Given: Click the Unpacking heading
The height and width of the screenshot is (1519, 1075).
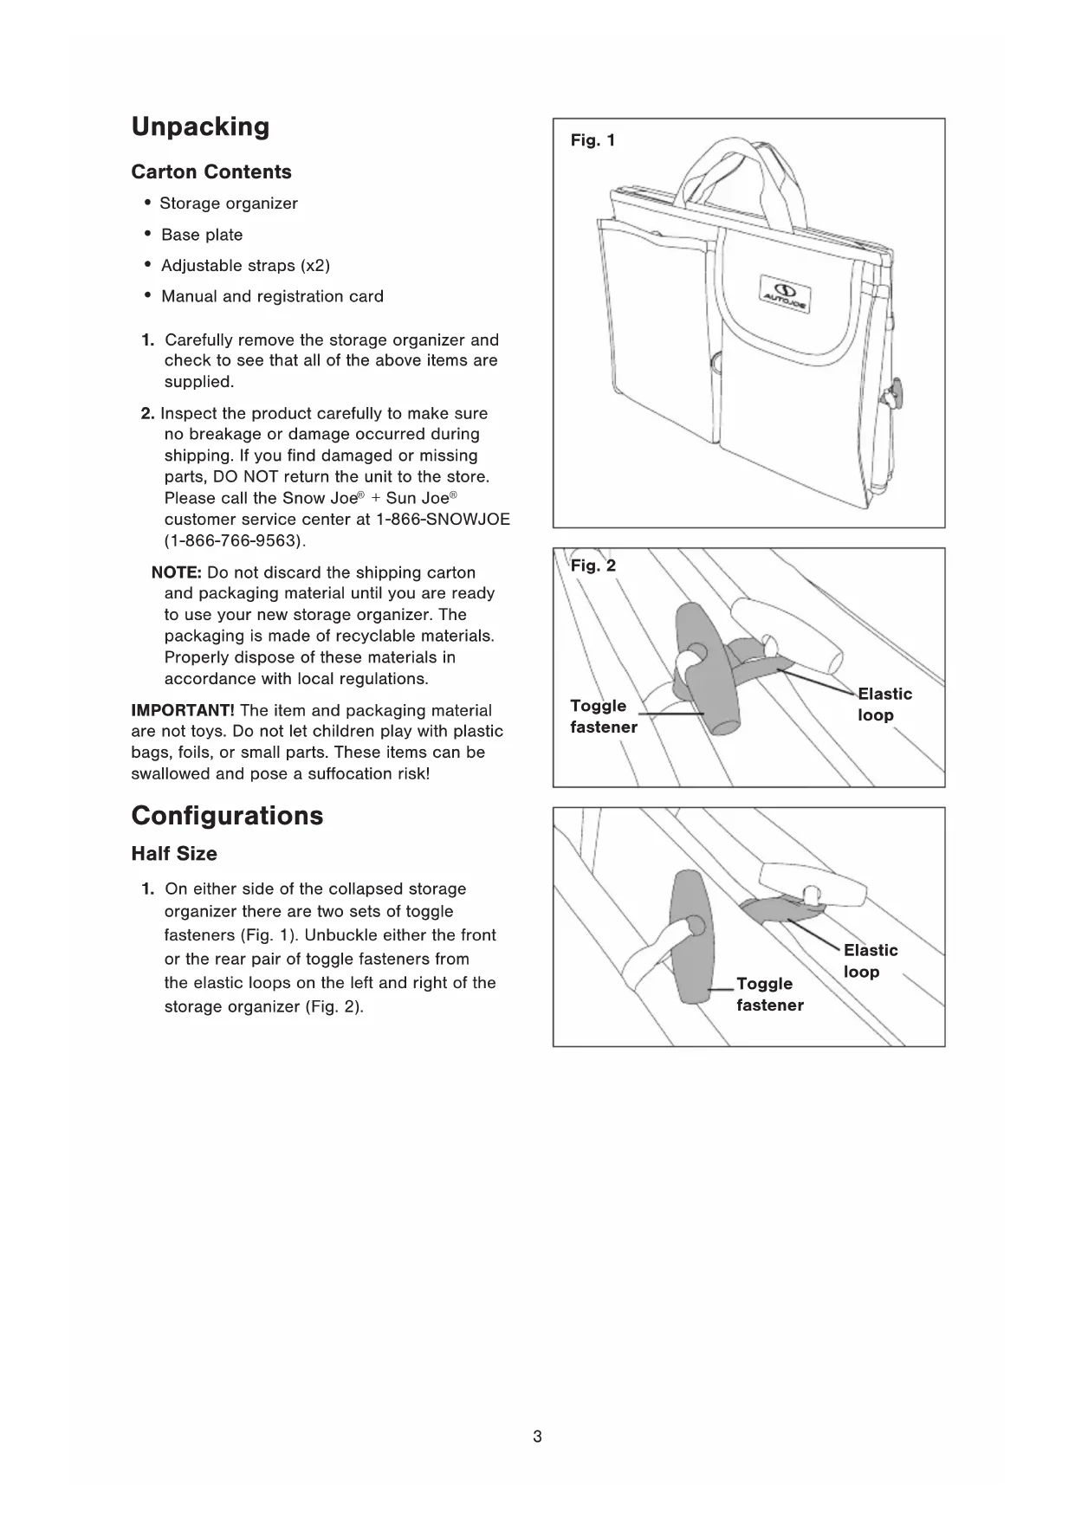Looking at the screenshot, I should (x=200, y=126).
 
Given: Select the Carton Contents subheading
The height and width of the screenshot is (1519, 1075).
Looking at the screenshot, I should (x=211, y=171).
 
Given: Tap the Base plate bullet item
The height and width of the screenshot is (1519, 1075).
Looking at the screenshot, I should (x=202, y=235).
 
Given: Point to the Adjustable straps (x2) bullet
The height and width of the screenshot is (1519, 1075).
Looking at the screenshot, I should (x=245, y=265).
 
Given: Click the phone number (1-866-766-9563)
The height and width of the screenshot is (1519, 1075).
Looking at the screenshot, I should (x=235, y=540).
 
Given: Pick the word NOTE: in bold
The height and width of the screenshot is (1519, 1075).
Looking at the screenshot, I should (x=177, y=572).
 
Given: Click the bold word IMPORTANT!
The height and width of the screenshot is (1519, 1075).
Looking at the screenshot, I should (x=183, y=710).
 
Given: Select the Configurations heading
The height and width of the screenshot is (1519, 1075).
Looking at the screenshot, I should (x=227, y=816).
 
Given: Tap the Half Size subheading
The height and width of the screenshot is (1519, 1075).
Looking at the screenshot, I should (x=174, y=854).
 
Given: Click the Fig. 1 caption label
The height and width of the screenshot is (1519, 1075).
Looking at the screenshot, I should (x=593, y=140).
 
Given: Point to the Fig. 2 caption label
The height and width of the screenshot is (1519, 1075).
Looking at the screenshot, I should (x=593, y=566).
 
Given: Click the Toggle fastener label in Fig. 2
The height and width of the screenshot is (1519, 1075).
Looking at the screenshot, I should (x=603, y=716).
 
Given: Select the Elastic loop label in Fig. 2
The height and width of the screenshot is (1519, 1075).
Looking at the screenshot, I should (x=884, y=704).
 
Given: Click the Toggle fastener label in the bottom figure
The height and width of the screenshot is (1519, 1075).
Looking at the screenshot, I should (x=769, y=994).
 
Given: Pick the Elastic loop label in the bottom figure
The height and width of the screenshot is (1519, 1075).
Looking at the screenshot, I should (x=870, y=960).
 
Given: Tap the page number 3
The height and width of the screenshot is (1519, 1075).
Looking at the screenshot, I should (x=537, y=1437).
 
